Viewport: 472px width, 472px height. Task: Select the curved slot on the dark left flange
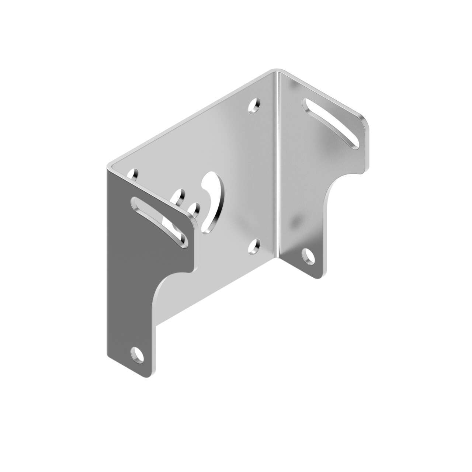pyautogui.click(x=159, y=221)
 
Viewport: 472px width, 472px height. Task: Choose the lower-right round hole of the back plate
pyautogui.click(x=254, y=247)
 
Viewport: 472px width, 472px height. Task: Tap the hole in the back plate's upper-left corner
pyautogui.click(x=133, y=174)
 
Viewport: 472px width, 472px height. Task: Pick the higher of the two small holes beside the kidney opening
pyautogui.click(x=180, y=195)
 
